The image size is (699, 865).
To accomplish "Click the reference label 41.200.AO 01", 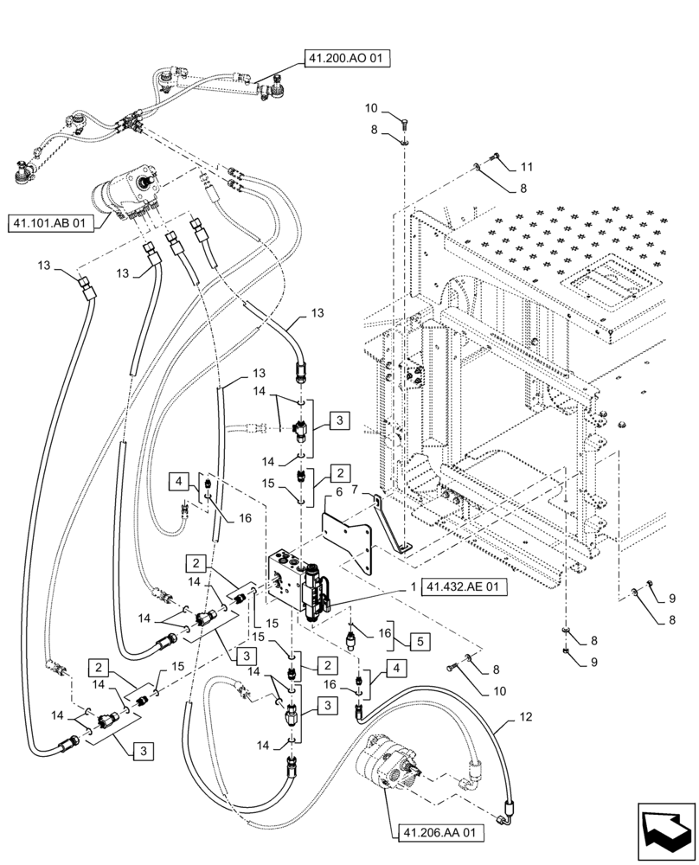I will [x=346, y=59].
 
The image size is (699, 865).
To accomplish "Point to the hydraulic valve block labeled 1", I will [x=297, y=582].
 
